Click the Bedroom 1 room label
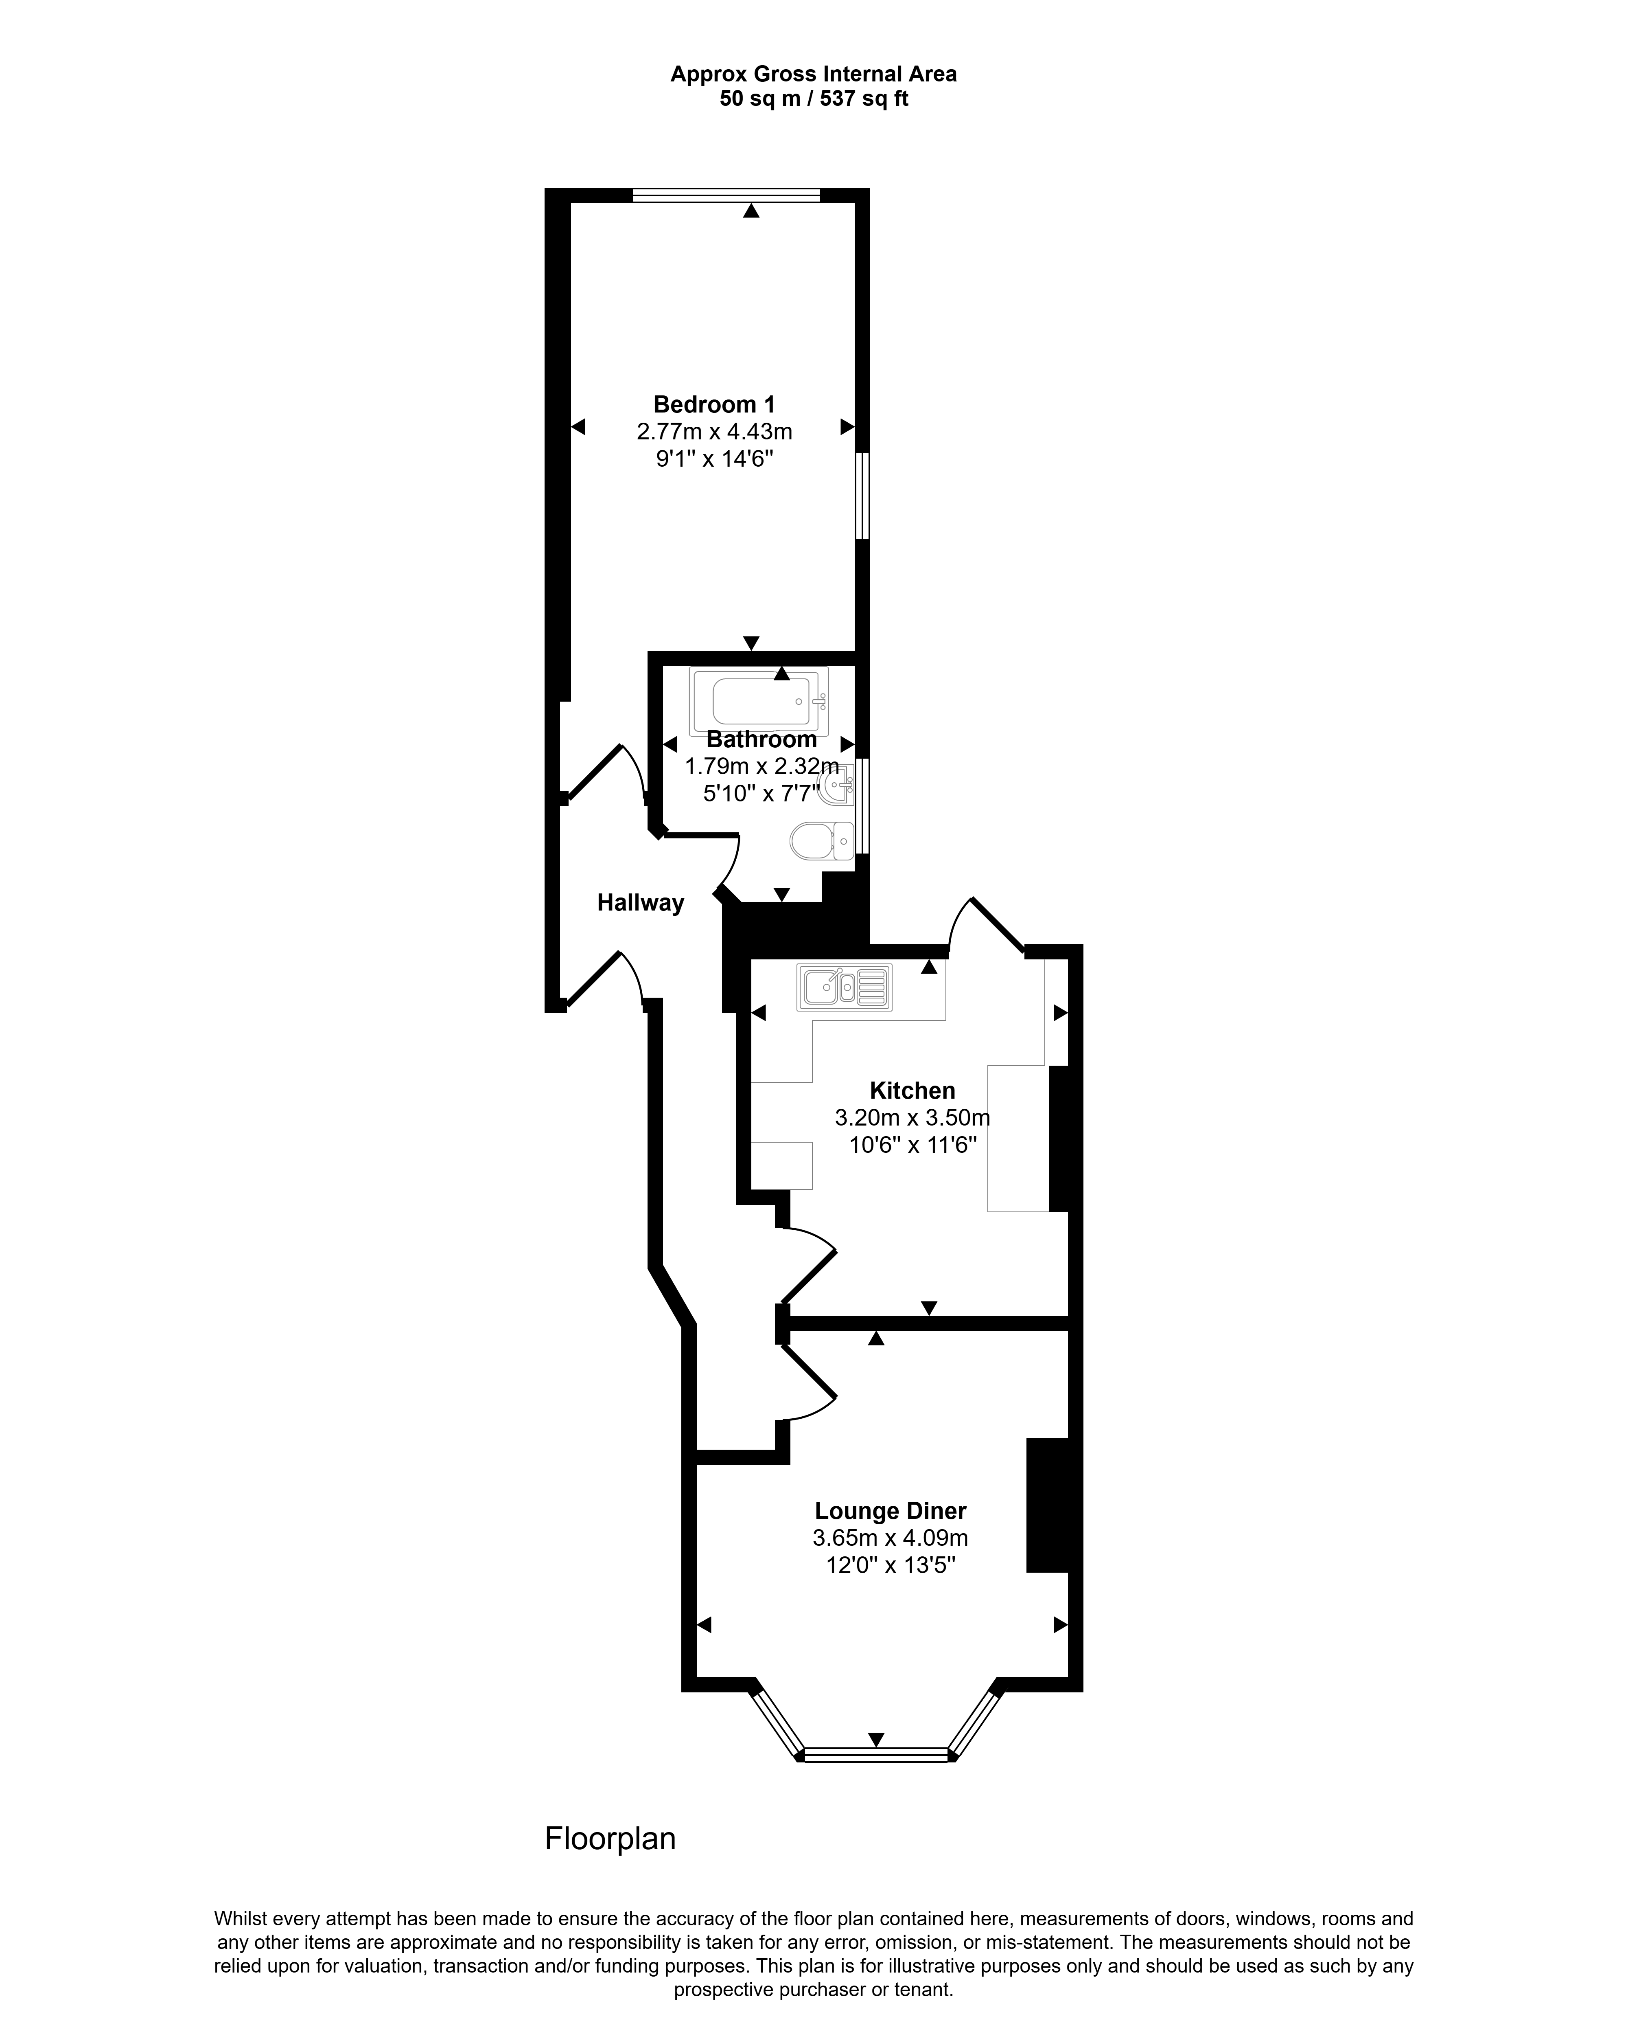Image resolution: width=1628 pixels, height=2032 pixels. (x=714, y=404)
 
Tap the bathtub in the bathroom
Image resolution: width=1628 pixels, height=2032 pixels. (x=758, y=701)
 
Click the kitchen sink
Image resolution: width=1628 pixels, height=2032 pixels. (x=844, y=987)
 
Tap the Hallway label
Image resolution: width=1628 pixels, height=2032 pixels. (x=641, y=903)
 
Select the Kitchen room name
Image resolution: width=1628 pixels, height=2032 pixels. (x=912, y=1091)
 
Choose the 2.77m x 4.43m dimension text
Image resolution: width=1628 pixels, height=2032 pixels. (x=714, y=432)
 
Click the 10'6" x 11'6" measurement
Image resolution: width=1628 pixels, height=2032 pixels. (x=912, y=1145)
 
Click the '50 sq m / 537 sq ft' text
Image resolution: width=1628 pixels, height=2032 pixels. (x=814, y=98)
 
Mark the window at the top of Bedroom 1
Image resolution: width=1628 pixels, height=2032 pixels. (x=726, y=195)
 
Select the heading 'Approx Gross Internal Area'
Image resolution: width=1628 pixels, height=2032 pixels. (x=814, y=74)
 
